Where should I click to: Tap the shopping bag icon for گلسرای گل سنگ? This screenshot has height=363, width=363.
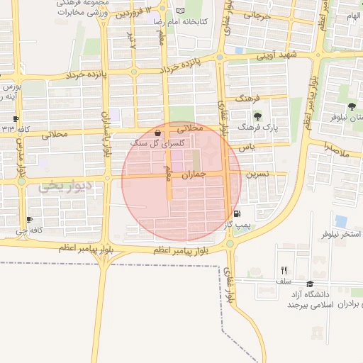(157, 133)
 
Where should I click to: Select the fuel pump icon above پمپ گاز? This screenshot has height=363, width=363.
(236, 213)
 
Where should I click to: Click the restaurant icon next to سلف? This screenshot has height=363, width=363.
(284, 269)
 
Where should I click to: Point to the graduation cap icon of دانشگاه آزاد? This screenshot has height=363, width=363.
(309, 284)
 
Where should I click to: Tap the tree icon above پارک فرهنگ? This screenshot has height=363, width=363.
(257, 116)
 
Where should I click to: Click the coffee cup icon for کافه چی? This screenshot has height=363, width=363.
(29, 220)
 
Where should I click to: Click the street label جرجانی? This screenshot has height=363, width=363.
(257, 16)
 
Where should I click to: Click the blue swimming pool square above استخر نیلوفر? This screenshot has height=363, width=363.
(342, 220)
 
